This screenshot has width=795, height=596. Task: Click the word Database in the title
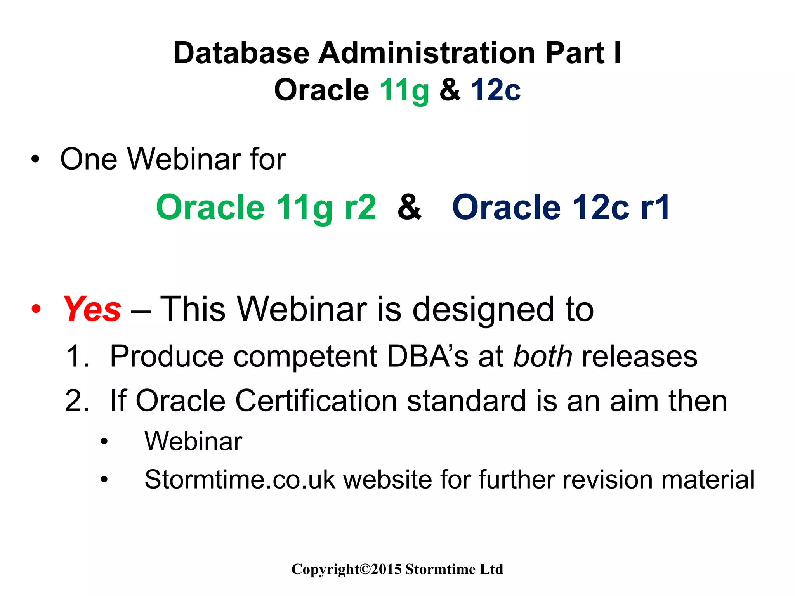click(x=241, y=53)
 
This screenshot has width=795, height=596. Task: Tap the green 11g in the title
click(x=404, y=90)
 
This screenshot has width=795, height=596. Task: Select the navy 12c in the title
click(x=496, y=90)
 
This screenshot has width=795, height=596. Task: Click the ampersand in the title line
click(x=450, y=90)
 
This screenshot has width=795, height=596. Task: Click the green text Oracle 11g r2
click(x=266, y=208)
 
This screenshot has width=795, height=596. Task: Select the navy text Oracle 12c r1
click(x=561, y=208)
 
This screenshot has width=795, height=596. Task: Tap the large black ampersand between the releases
click(x=409, y=208)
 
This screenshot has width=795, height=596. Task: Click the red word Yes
click(x=92, y=309)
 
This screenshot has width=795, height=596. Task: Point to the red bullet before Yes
click(x=36, y=309)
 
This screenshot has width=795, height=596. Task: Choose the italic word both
click(x=543, y=356)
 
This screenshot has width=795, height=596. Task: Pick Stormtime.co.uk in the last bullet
click(x=240, y=480)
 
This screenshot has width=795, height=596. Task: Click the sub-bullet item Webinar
click(x=193, y=442)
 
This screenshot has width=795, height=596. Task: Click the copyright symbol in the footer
click(x=365, y=569)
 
